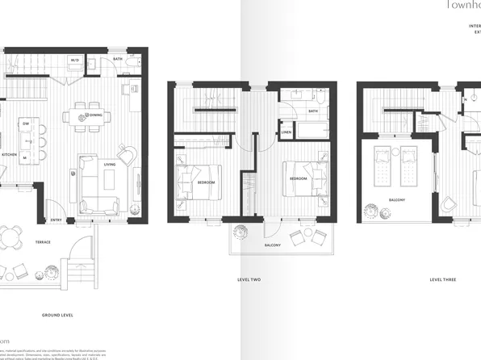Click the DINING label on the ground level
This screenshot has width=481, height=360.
[96, 115]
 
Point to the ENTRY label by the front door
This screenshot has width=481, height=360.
[56, 220]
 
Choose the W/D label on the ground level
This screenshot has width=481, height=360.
[74, 61]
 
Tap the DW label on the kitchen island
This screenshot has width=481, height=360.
[26, 123]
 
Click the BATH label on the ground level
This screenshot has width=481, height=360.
[118, 58]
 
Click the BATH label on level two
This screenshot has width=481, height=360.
[313, 111]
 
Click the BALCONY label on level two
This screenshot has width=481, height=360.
[273, 245]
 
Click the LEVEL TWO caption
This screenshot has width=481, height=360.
[249, 279]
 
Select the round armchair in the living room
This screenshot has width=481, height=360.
[126, 152]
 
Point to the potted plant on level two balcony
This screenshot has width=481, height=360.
[240, 232]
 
